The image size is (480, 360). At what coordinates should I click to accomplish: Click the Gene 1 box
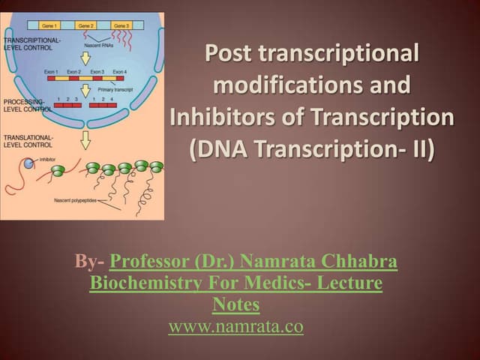coord(51,26)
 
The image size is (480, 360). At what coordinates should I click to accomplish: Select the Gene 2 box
coord(86,26)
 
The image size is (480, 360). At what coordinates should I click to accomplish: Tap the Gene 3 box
coord(121,26)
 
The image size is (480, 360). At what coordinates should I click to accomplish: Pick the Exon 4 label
coord(119,71)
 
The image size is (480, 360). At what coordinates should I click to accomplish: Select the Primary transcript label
coord(116,89)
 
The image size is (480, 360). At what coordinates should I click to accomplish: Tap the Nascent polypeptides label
coord(74,199)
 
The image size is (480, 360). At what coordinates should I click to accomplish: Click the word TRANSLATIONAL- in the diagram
coord(28,138)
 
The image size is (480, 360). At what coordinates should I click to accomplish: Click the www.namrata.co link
coord(236,327)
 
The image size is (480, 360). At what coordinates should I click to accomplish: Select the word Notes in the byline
coord(235,304)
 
